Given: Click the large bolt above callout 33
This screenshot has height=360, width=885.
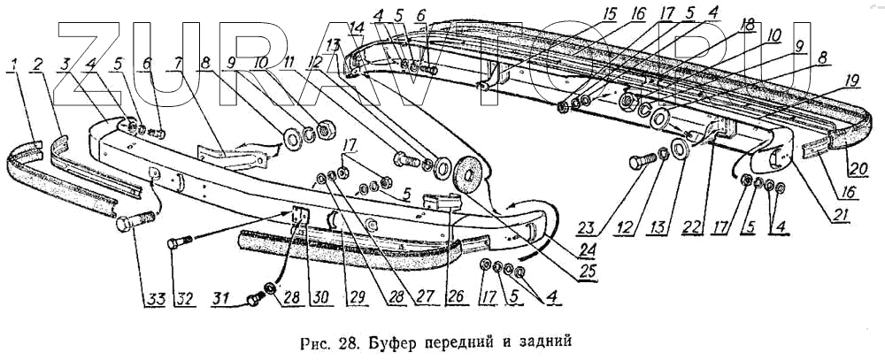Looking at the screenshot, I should pos(135,219).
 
